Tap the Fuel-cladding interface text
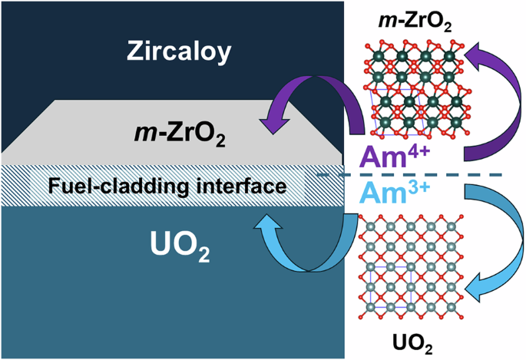tap(170, 186)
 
